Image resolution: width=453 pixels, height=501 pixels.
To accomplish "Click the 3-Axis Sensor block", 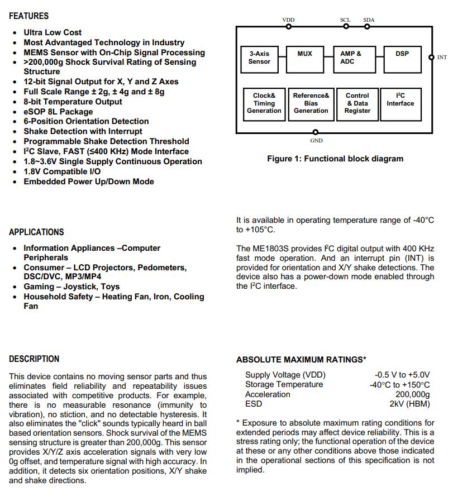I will pos(259,58).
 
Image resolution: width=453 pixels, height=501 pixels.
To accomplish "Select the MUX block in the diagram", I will pos(305,58).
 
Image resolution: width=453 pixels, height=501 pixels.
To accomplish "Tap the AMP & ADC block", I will pos(351,58).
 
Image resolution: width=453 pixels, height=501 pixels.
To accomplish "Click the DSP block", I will pos(402,58).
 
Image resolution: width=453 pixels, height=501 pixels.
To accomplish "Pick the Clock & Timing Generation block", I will pos(264,103).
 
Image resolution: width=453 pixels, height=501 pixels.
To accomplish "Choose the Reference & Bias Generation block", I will pos(311,103).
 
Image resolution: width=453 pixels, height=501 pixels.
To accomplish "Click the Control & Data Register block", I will pos(357,103).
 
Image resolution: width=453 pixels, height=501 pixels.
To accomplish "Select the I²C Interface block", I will pos(400,103).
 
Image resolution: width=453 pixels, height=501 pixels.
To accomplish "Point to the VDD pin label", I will pos(288,20).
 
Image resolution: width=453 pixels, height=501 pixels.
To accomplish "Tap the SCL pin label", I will pos(345,20).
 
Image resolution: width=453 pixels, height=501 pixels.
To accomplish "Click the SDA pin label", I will pos(369,20).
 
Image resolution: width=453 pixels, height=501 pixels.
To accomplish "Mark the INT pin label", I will pos(442,58).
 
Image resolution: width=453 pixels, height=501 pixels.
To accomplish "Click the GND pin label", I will pos(317,141).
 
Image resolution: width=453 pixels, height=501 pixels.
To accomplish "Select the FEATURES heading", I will pos(28,16).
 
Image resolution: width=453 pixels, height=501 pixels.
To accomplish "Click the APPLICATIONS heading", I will pos(36,232).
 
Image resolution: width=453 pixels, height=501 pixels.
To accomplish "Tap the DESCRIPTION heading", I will pos(34,359).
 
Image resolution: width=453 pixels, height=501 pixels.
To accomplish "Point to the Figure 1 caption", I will pos(335,159).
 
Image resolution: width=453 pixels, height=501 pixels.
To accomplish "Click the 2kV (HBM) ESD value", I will pos(410,404).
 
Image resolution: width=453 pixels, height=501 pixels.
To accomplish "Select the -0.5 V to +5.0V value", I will pos(402,375).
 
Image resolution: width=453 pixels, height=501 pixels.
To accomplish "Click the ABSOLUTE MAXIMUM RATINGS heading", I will pos(301,360).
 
